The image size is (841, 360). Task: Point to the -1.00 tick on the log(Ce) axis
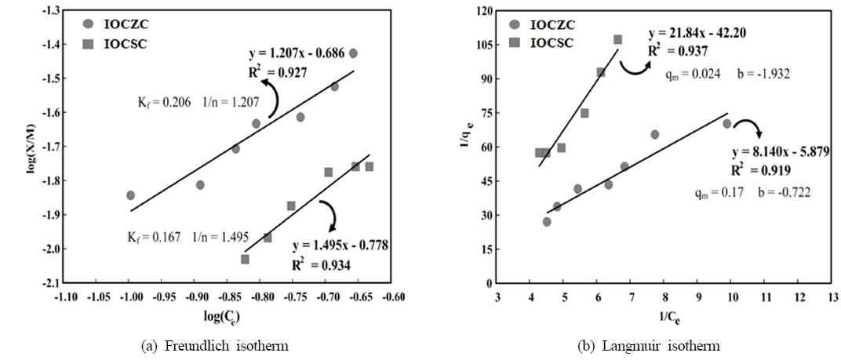tap(130, 297)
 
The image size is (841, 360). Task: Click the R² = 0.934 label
tap(321, 265)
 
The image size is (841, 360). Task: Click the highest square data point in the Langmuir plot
tap(618, 39)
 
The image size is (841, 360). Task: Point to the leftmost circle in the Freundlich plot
tap(130, 195)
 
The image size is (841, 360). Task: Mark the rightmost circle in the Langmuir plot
tap(726, 123)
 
